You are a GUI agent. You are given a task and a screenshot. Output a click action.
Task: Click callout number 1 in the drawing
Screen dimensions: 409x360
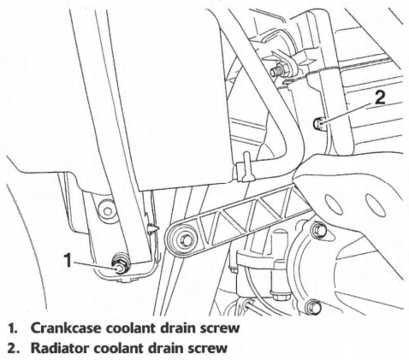coord(68,260)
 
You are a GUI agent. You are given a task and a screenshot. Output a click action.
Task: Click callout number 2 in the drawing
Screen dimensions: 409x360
coord(379,97)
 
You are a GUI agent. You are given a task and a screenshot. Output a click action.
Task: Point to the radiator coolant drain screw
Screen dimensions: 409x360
coord(318,124)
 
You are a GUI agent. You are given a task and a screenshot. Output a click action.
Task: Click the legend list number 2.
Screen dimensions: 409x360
coord(12,348)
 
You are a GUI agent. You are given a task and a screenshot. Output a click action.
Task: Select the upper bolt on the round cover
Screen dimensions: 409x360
coord(319,230)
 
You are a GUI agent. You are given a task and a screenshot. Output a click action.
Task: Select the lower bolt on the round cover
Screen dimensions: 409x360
coord(313,306)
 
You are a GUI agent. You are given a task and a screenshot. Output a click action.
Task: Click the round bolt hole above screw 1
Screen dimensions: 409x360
coord(107,211)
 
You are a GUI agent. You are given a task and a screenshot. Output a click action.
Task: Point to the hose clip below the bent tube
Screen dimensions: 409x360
coord(246,168)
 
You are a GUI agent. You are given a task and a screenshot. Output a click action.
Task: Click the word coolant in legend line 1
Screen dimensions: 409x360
coord(130,328)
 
